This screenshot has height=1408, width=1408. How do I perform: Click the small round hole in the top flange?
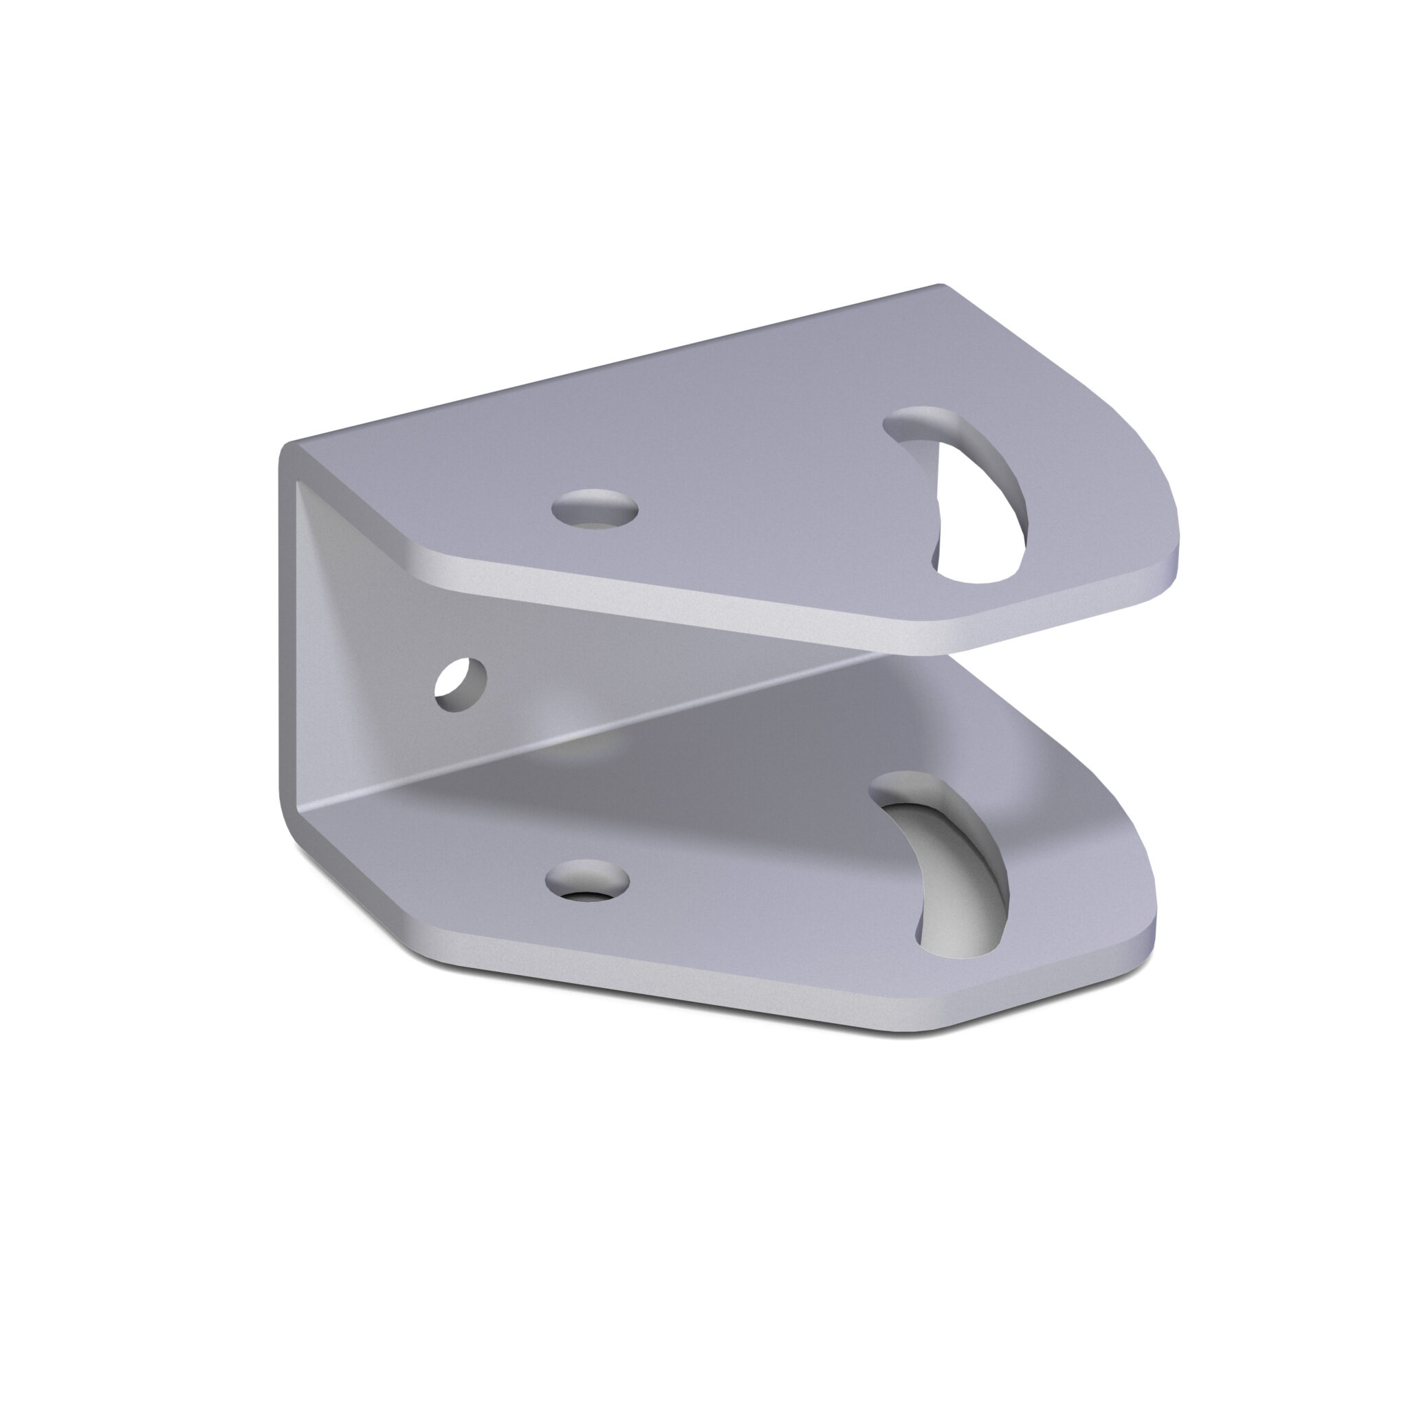(595, 508)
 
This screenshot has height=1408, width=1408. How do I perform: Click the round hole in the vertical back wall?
(461, 684)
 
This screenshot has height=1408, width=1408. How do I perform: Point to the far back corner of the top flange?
(940, 289)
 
